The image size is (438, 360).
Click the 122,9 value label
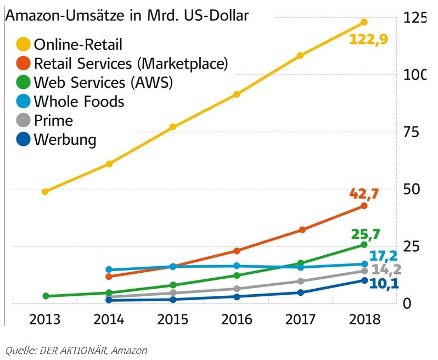[x=364, y=40]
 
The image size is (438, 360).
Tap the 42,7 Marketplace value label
[x=364, y=193]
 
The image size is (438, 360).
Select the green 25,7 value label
[x=365, y=235]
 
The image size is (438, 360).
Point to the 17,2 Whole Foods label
[x=383, y=256]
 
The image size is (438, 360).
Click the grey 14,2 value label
[x=384, y=270]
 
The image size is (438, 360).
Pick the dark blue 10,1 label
[x=383, y=284]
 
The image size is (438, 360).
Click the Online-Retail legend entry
[x=78, y=44]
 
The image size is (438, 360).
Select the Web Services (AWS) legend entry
[x=103, y=83]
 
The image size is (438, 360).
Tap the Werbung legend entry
[x=65, y=139]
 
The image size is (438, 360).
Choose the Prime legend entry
[x=53, y=120]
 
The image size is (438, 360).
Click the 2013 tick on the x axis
[x=45, y=320]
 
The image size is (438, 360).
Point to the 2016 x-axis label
[x=237, y=320]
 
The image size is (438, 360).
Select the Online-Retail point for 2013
[x=45, y=192]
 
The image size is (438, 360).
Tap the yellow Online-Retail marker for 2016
[x=237, y=94]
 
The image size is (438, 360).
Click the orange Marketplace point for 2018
[x=364, y=206]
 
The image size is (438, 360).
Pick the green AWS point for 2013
[x=46, y=296]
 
